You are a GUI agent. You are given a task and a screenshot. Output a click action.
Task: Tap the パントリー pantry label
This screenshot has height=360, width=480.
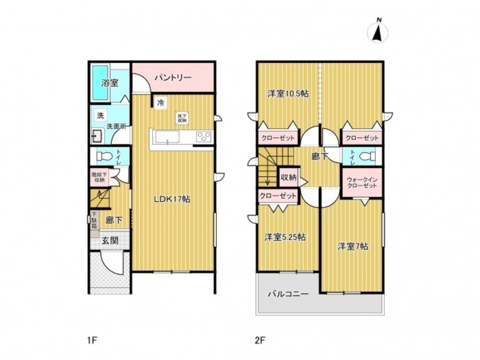[x=172, y=77]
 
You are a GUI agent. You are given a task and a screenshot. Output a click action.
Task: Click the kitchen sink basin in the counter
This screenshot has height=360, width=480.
[x=167, y=138]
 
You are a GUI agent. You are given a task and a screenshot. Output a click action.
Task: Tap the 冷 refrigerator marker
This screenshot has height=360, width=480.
[x=160, y=104]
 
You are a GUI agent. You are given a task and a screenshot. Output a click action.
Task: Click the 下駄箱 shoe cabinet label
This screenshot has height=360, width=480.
[x=95, y=220]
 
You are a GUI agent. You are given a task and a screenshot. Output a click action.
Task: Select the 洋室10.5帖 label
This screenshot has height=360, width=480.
[x=287, y=94]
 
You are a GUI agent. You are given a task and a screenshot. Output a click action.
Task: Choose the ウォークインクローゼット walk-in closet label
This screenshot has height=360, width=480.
[x=361, y=182]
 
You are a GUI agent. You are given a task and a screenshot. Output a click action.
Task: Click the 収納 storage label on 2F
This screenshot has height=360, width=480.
[x=288, y=178]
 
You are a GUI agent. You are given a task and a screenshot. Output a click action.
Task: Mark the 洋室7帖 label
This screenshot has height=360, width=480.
[x=352, y=246]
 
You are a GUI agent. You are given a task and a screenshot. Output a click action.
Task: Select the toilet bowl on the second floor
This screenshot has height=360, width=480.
[x=369, y=156]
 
